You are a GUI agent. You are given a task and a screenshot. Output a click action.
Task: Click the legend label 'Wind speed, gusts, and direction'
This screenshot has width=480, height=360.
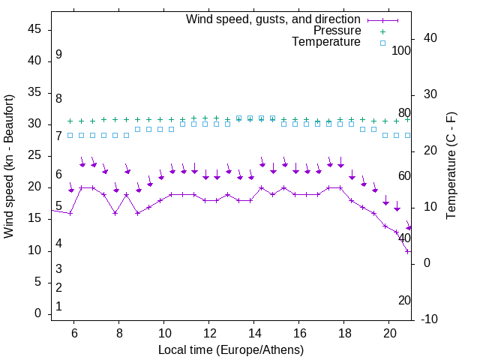[x=273, y=19]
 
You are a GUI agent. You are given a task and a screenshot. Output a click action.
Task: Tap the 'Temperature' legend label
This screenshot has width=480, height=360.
[x=326, y=43]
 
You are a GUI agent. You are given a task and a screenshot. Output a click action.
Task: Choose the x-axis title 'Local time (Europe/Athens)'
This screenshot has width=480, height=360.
[x=231, y=350]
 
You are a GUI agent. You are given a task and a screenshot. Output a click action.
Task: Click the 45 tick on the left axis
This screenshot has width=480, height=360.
[x=34, y=31]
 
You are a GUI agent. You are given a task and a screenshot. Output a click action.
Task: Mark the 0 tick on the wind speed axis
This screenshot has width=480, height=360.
[x=37, y=314]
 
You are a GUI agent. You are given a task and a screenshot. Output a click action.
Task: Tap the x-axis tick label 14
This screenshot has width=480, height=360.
[x=254, y=333]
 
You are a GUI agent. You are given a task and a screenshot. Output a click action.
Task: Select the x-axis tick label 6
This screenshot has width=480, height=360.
[x=74, y=333]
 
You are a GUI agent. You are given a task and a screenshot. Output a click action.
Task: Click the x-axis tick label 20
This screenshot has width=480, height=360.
[x=389, y=333]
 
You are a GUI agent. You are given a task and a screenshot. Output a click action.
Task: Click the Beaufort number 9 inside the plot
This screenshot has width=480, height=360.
[x=58, y=55]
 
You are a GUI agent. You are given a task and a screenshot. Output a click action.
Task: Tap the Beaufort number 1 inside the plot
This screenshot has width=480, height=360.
[x=58, y=307]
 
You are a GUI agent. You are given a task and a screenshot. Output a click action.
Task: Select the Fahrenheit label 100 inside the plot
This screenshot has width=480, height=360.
[x=401, y=50]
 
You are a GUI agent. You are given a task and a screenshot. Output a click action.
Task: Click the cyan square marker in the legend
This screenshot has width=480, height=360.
[x=382, y=43]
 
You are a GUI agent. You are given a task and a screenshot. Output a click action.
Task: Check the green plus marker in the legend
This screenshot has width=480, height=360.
[x=382, y=31]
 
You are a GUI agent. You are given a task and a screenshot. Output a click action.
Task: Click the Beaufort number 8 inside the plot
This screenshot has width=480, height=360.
[x=58, y=98]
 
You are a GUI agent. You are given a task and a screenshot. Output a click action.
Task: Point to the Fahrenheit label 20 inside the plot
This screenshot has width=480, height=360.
[x=404, y=301]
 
